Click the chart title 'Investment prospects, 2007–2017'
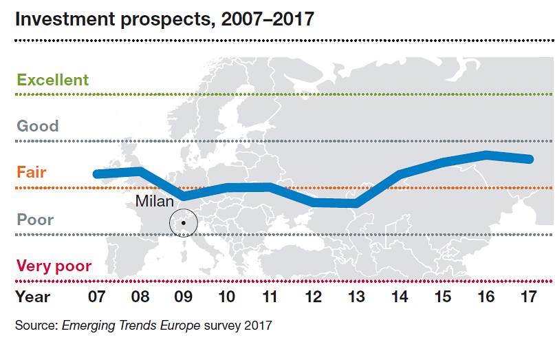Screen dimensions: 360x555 point(164,19)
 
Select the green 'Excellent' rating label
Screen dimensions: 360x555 point(53,80)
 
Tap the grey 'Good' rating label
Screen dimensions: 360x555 point(38,126)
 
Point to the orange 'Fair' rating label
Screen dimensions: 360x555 point(32,172)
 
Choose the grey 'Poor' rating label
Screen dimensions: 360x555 point(35,220)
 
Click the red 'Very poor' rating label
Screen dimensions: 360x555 point(54,266)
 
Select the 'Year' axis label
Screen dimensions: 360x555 point(33,297)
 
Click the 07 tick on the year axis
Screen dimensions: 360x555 point(96,297)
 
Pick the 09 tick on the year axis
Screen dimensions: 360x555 point(183,297)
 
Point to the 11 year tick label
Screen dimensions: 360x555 point(270,297)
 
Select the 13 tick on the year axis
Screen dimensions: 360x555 point(356,297)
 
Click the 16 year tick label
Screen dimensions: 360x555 point(486,297)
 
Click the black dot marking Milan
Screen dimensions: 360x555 point(184,223)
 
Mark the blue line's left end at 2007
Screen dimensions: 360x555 point(97,173)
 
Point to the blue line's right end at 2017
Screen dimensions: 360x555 point(530,159)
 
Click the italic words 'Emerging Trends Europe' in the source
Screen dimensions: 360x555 point(131,326)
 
